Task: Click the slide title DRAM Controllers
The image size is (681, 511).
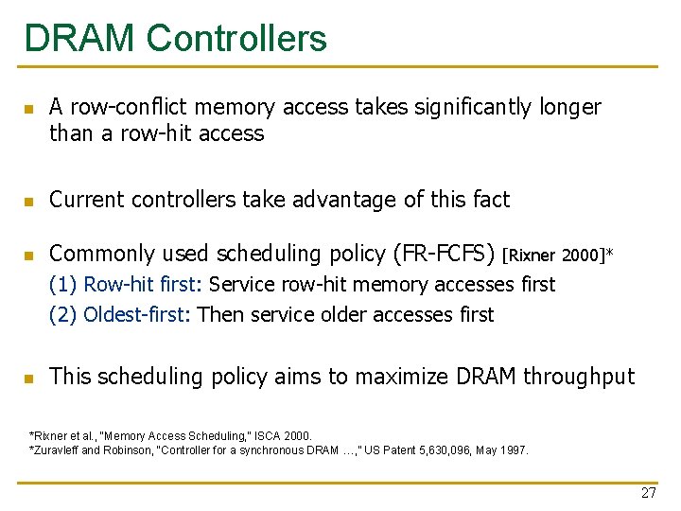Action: click(176, 39)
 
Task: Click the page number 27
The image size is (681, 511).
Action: click(648, 493)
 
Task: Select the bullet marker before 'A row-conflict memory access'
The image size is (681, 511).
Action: click(29, 109)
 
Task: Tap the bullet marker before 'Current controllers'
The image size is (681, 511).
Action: click(29, 201)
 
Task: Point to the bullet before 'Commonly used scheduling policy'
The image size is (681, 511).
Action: click(29, 255)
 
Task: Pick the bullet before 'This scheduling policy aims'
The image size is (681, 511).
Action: click(29, 378)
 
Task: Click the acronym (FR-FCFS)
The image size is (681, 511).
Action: click(442, 254)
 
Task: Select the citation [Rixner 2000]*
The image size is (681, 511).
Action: click(558, 255)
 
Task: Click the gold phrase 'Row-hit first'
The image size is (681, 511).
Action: click(142, 285)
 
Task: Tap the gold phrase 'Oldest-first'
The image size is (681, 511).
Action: click(137, 315)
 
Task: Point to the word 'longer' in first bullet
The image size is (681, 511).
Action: click(570, 108)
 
